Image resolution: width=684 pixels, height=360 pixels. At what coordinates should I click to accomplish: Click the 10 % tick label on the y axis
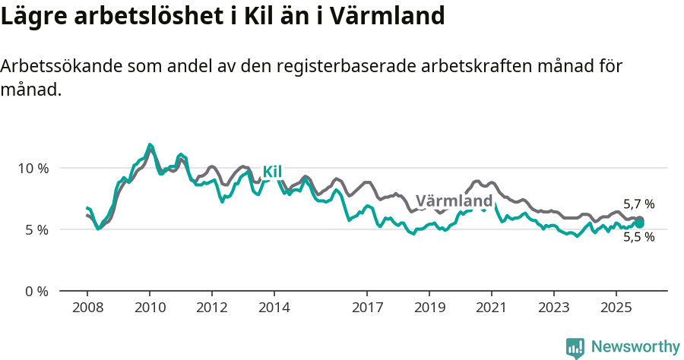coord(33,168)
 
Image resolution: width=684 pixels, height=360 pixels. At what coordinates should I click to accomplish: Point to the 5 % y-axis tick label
coord(36,229)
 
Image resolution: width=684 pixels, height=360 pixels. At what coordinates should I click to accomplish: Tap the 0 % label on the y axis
coord(36,291)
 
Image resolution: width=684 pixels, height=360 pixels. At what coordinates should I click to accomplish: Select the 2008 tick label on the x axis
coord(87,308)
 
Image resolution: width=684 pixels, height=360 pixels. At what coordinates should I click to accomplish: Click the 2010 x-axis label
coord(150,308)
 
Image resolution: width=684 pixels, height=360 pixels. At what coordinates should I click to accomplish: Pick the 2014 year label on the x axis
coord(274,308)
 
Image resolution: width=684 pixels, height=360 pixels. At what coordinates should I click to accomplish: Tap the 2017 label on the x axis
coord(367,308)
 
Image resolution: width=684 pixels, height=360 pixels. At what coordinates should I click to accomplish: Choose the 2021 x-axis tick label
coord(492,308)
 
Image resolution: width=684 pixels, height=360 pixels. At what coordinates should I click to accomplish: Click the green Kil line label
coord(272,172)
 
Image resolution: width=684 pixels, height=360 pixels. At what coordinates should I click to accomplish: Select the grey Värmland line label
coord(454,201)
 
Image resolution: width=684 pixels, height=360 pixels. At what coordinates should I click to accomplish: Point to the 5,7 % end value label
coord(638,204)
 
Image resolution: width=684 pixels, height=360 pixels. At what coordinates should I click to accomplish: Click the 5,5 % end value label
coord(638,237)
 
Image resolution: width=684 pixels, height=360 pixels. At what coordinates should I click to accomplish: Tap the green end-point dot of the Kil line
coord(639,223)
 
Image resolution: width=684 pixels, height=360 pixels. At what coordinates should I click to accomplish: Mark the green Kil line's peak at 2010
coord(150,144)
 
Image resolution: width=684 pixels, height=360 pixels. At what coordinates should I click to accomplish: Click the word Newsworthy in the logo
coord(635,347)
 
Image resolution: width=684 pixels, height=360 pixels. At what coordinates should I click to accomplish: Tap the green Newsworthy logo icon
coord(575,348)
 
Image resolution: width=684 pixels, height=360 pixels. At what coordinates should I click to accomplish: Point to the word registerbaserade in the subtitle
coord(338,66)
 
